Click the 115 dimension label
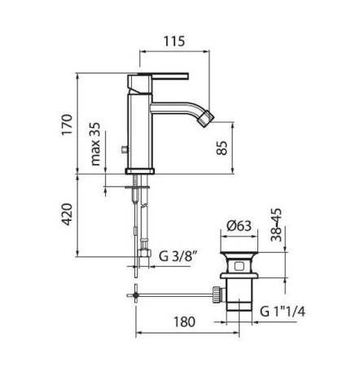(x=174, y=41)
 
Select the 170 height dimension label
(x=67, y=125)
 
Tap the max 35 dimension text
(x=95, y=144)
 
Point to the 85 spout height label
(x=222, y=148)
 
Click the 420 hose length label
(x=67, y=214)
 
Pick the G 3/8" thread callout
(x=178, y=256)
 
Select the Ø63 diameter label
(x=239, y=226)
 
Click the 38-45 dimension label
(x=277, y=225)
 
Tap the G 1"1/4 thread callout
(x=283, y=312)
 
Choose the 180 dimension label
(x=185, y=322)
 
